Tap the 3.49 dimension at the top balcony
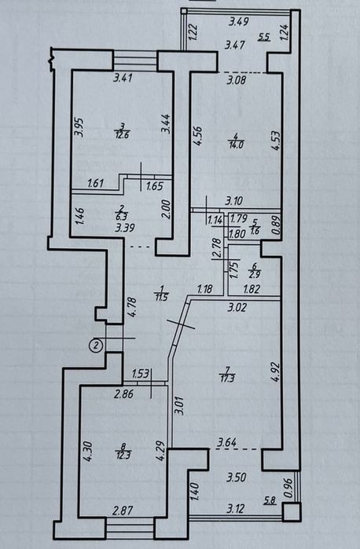tap(239, 22)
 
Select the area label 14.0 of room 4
tap(237, 145)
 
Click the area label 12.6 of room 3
tap(122, 134)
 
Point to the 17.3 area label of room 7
tap(227, 378)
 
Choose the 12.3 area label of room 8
tap(123, 455)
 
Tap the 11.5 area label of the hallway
tap(162, 297)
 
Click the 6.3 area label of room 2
tap(123, 217)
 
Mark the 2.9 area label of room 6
tap(254, 274)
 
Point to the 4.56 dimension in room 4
tap(198, 135)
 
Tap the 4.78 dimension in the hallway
tap(132, 306)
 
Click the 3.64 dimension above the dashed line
tap(227, 442)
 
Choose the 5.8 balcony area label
tap(270, 501)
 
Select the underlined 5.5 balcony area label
tap(264, 36)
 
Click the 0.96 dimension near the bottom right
tap(288, 488)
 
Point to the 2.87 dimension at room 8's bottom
tap(123, 511)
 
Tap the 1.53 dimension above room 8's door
tap(141, 374)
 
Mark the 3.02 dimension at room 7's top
tap(237, 308)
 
